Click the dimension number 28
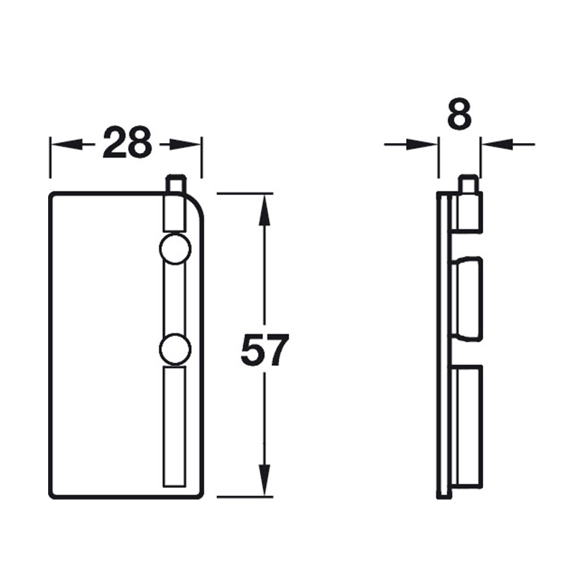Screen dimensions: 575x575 click(127, 142)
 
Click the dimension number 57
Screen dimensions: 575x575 click(264, 350)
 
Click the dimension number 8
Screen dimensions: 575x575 click(459, 114)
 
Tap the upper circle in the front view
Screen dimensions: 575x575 click(175, 249)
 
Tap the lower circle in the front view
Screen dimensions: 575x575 click(175, 349)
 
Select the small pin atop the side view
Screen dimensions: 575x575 click(468, 184)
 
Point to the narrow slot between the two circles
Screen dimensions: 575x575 click(175, 299)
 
